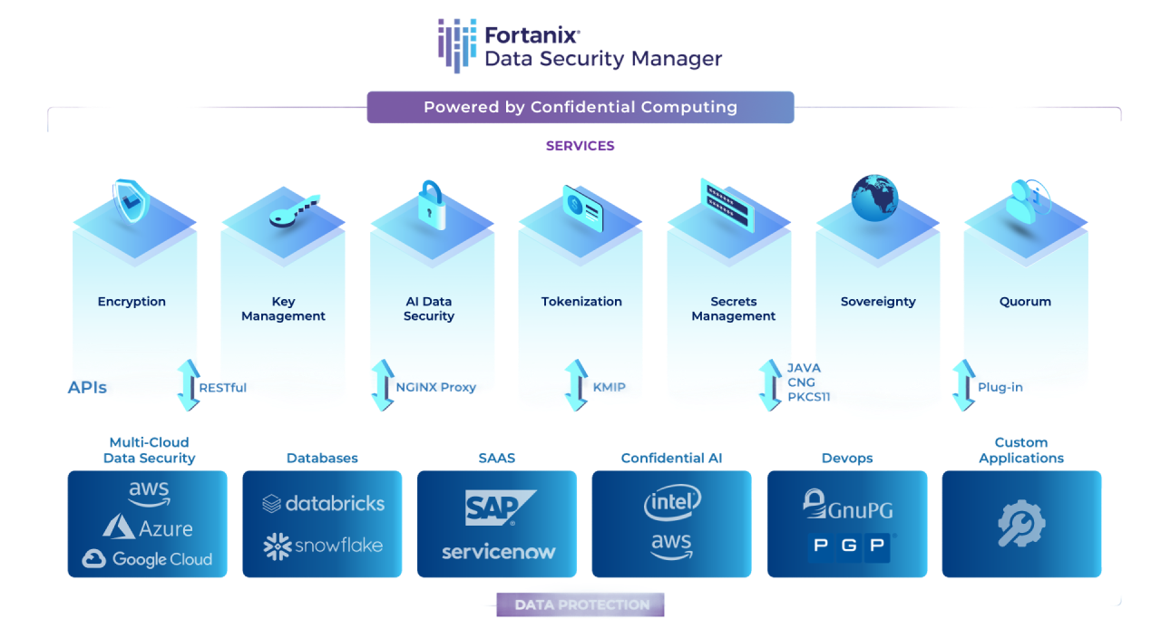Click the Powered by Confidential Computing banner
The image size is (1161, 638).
click(x=580, y=107)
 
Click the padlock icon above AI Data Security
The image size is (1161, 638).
click(x=432, y=204)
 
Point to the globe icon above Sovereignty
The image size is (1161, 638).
click(x=876, y=197)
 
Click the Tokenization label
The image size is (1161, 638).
click(x=581, y=302)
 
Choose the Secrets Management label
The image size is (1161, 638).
click(x=733, y=309)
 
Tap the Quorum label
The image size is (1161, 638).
click(x=1024, y=302)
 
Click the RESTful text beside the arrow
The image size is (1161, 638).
click(x=223, y=388)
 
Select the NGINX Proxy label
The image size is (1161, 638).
click(x=436, y=388)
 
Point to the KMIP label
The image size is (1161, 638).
click(x=609, y=388)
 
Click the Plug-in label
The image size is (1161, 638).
click(x=1000, y=388)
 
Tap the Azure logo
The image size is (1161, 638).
click(x=148, y=527)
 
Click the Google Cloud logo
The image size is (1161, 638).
click(x=147, y=559)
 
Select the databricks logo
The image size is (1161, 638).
click(x=323, y=504)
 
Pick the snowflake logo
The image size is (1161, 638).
click(x=323, y=546)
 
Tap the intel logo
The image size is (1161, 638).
click(x=672, y=503)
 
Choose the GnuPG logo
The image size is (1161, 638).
click(x=848, y=506)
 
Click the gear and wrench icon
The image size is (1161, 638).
click(x=1021, y=525)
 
